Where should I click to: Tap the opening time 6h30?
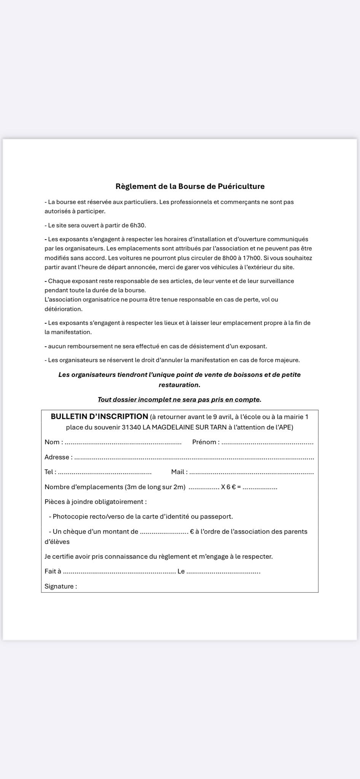[138, 225]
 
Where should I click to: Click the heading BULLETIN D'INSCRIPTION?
[99, 417]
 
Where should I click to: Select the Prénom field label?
[205, 442]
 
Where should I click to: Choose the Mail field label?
[179, 472]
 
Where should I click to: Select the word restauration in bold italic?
[179, 385]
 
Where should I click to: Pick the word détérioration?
[63, 309]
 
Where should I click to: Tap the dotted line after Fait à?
[119, 572]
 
